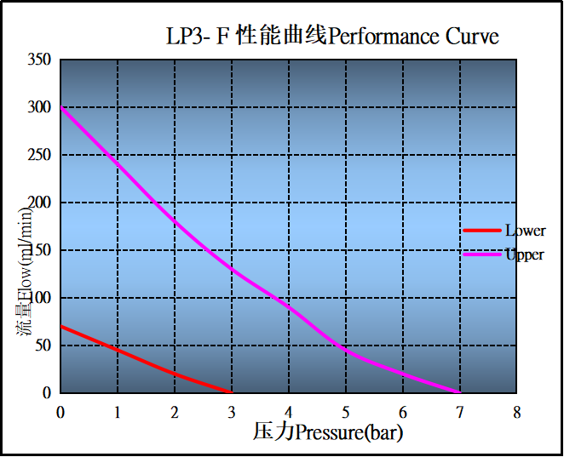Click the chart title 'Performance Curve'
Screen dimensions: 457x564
point(413,37)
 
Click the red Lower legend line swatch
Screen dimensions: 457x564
point(481,231)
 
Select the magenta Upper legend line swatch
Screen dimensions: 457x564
point(481,254)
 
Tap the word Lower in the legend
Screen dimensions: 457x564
point(525,231)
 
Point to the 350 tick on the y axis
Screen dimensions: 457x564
point(39,60)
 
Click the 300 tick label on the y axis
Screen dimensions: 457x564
point(39,107)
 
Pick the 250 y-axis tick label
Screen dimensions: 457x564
point(39,155)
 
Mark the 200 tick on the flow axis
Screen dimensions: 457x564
point(39,203)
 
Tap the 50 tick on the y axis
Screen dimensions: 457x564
point(43,346)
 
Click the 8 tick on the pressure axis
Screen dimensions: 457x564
point(517,412)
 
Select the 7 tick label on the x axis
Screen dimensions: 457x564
point(460,412)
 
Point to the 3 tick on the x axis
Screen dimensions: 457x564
point(232,412)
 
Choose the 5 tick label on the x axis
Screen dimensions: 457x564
point(346,412)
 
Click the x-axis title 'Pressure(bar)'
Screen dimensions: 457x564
point(349,432)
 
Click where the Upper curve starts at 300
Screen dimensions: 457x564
point(61,108)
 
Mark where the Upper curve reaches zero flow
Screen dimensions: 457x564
point(460,392)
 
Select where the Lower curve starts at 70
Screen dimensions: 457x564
point(61,326)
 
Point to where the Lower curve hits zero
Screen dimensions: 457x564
point(232,392)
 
